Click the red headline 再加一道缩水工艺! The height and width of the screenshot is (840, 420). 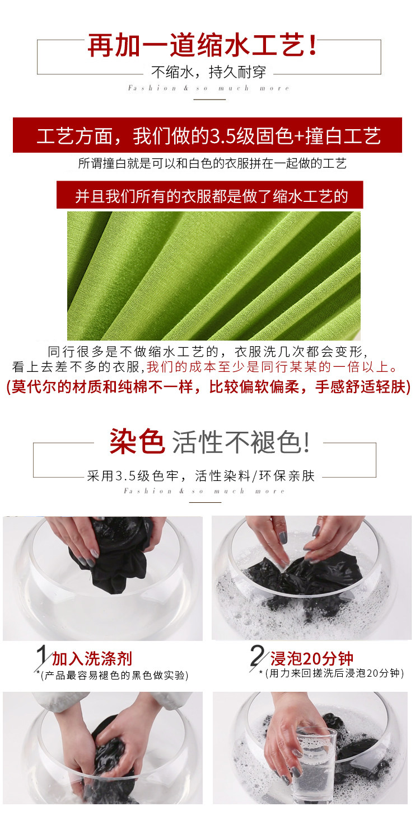[x=203, y=45]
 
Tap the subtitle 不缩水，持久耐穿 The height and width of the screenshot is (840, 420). [x=209, y=72]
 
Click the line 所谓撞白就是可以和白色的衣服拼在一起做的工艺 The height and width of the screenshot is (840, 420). [x=212, y=163]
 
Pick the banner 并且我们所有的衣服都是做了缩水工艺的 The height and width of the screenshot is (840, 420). [x=210, y=195]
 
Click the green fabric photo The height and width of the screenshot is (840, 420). [x=214, y=276]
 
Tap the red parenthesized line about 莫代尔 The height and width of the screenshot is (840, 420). [x=209, y=386]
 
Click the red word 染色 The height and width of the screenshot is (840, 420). [x=137, y=442]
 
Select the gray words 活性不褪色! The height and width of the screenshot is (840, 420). [x=241, y=442]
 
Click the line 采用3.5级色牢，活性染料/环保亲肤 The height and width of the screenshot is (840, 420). [x=201, y=476]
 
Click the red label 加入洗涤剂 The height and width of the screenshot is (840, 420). [x=92, y=659]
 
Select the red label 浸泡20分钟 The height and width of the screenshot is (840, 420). [x=312, y=658]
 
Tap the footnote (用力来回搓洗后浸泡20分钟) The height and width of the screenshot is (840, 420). [x=334, y=673]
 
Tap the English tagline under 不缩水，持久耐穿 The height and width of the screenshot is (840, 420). [x=209, y=88]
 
